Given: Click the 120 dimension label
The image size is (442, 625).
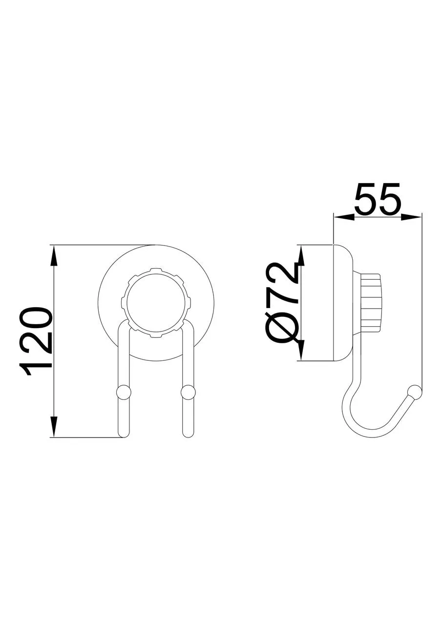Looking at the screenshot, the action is [36, 342].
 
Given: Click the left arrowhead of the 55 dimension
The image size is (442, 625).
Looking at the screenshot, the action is [344, 217].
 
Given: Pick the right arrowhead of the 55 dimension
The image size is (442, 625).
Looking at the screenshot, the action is [411, 217].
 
